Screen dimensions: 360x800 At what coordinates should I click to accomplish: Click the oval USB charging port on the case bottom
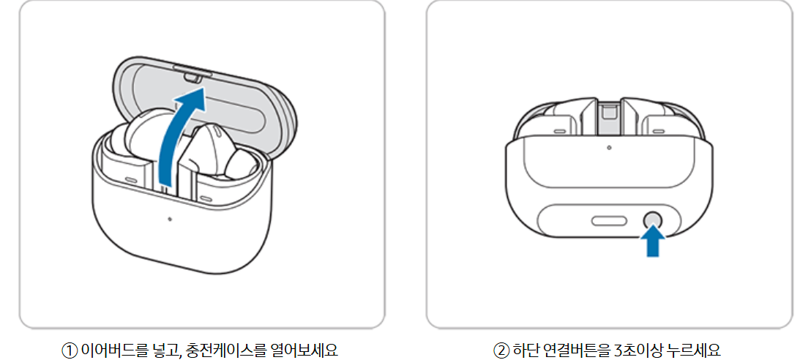(x=608, y=220)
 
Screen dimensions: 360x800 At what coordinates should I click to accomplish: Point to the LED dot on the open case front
(x=168, y=219)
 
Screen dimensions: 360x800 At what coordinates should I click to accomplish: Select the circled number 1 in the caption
(x=68, y=348)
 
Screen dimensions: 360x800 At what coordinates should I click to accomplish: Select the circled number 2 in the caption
(x=501, y=348)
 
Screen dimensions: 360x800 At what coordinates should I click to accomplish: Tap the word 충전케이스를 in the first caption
(x=217, y=348)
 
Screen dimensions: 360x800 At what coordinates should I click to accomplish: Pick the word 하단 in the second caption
(x=524, y=348)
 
